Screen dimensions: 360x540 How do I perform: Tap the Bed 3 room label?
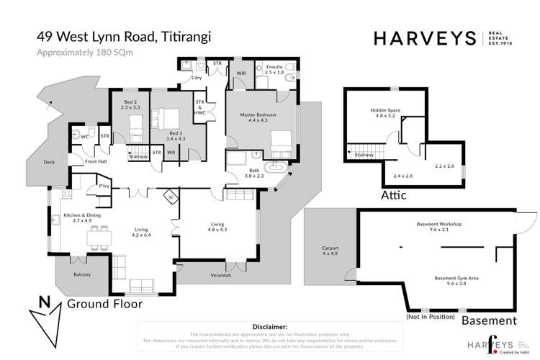click(176, 137)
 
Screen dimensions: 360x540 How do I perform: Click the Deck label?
click(49, 163)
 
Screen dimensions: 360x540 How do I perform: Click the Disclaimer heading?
click(267, 326)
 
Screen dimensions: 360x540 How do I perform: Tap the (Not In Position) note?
click(430, 317)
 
